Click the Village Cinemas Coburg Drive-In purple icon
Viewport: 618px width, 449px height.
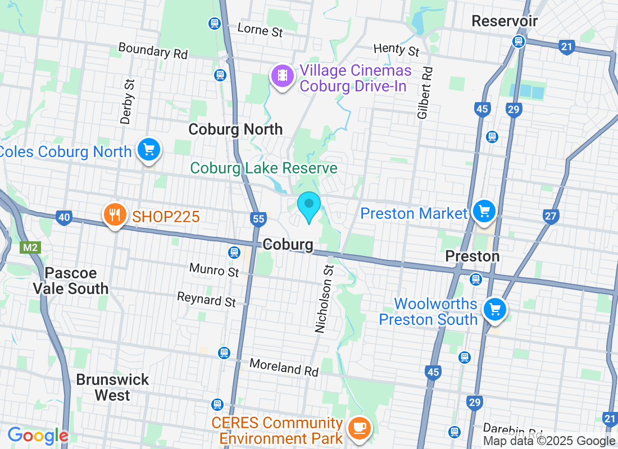pyautogui.click(x=282, y=76)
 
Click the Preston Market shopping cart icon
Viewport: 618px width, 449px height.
pyautogui.click(x=483, y=212)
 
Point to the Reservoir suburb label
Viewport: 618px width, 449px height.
pyautogui.click(x=505, y=21)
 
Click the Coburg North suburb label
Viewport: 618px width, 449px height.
pyautogui.click(x=235, y=129)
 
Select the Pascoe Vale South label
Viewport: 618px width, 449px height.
pyautogui.click(x=71, y=281)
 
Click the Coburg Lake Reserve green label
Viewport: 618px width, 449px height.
pyautogui.click(x=263, y=168)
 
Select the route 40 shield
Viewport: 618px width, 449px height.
pyautogui.click(x=63, y=217)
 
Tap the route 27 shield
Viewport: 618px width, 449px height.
pyautogui.click(x=551, y=216)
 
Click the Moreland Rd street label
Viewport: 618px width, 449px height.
pyautogui.click(x=284, y=368)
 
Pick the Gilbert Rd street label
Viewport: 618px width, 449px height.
pyautogui.click(x=425, y=93)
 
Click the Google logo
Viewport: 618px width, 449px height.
pyautogui.click(x=37, y=436)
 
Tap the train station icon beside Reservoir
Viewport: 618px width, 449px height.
pyautogui.click(x=517, y=41)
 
